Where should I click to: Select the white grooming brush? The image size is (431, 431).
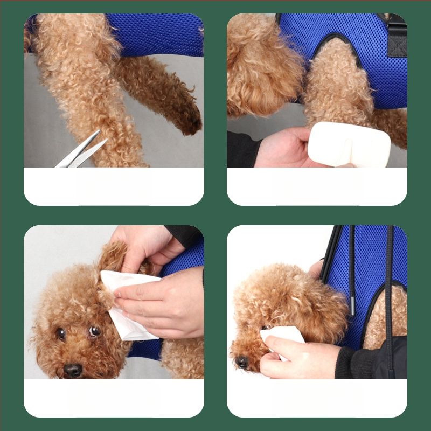[x=349, y=144]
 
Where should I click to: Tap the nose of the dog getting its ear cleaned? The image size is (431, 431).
[x=73, y=370]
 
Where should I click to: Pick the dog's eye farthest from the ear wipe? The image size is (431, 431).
[x=61, y=333]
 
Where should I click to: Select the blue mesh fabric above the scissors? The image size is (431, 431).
[x=156, y=35]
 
